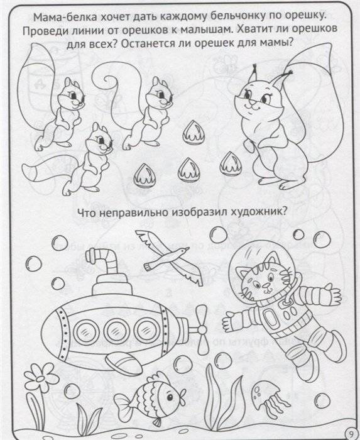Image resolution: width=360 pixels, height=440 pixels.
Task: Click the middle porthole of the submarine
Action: tap(115, 327)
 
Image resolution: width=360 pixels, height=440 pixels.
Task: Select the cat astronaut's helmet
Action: tap(264, 277)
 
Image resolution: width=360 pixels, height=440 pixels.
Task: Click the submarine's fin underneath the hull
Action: tap(126, 361)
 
